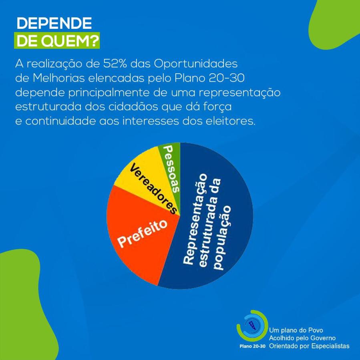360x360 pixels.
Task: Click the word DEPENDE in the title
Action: click(54, 24)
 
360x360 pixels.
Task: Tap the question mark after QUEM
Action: click(95, 42)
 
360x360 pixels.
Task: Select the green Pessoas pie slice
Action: click(170, 160)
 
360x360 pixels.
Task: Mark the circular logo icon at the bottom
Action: click(252, 325)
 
